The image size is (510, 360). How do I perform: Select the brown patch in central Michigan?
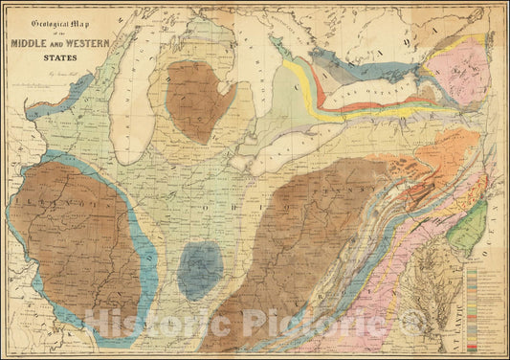click(x=197, y=100)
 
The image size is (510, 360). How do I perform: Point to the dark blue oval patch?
click(x=201, y=268)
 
